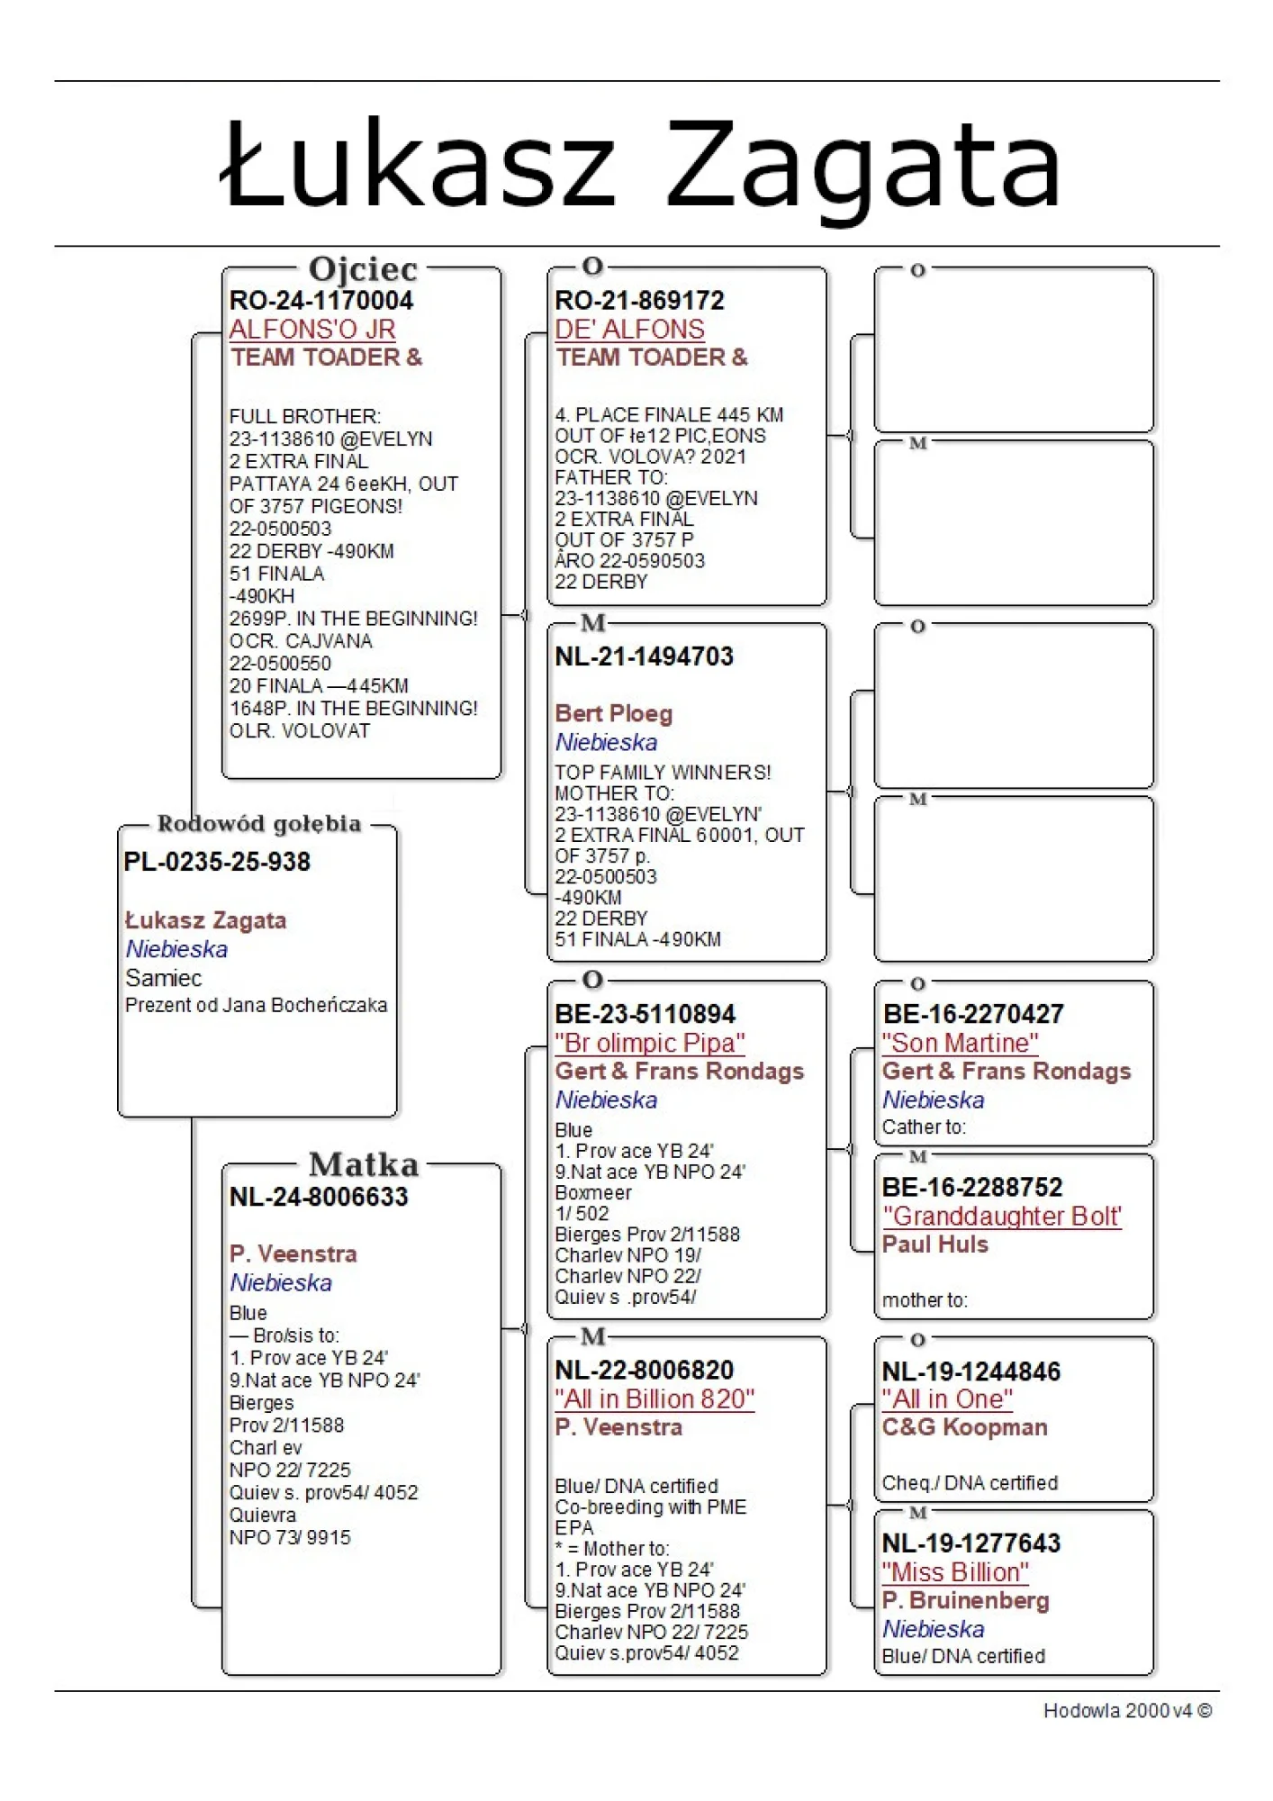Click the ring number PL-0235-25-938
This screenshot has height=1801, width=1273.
tap(217, 862)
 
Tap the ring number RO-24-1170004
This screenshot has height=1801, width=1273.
tap(321, 300)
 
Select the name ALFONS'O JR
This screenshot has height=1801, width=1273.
tap(312, 329)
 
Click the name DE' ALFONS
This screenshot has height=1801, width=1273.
tap(629, 329)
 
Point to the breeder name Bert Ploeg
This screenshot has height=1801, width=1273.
tap(613, 713)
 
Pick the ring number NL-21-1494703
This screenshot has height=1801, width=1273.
tap(644, 656)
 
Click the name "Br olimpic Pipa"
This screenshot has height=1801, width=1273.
tap(649, 1043)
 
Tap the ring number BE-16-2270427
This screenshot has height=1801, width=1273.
tap(972, 1014)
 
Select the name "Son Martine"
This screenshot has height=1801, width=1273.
tap(960, 1043)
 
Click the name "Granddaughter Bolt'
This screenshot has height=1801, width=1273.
tap(1001, 1216)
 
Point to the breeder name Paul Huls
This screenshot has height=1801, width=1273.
tap(934, 1244)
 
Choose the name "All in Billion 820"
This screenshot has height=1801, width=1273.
tap(654, 1398)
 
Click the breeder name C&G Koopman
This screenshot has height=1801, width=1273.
tap(964, 1427)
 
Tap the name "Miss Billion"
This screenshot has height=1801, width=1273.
tap(954, 1572)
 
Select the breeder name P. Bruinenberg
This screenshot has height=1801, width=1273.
tap(965, 1600)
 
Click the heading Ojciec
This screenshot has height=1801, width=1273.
tap(363, 268)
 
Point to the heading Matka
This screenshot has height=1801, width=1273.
tap(364, 1164)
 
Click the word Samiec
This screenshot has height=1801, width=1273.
tap(163, 978)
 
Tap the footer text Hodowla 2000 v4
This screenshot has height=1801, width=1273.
tap(1126, 1710)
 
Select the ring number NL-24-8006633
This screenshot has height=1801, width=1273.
tap(319, 1197)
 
